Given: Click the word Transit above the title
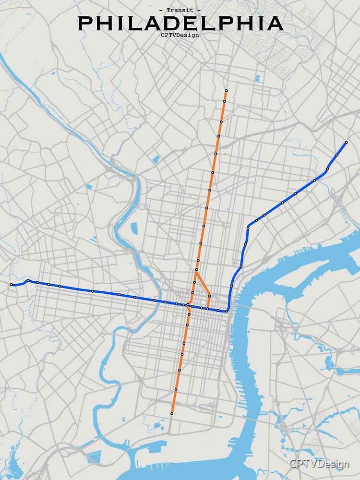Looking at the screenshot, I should [x=180, y=10].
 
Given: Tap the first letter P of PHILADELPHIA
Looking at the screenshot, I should [x=86, y=24].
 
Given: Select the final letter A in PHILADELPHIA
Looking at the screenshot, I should [x=275, y=24].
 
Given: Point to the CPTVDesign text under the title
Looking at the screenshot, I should [x=180, y=35].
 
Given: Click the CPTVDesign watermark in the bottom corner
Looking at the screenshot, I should [x=319, y=464].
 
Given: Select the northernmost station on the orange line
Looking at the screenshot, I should [x=226, y=91].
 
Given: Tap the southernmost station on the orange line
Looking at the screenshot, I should [x=172, y=413].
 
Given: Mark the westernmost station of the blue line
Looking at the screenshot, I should [x=11, y=285].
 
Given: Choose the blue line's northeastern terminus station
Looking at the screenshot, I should [x=346, y=142].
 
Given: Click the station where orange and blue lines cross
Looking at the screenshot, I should [x=188, y=305].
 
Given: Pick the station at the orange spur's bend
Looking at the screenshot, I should [x=209, y=296].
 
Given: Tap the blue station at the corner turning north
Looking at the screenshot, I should [x=227, y=311].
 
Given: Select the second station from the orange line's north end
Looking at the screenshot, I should [x=224, y=101].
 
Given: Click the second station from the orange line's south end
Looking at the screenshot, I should [x=176, y=390].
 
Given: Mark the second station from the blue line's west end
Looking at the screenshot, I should [x=28, y=280].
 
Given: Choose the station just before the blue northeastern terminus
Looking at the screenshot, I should [x=337, y=155].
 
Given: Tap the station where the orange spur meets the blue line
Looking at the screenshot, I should [x=207, y=308].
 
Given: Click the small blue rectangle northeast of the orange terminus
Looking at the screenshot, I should [x=258, y=77].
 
